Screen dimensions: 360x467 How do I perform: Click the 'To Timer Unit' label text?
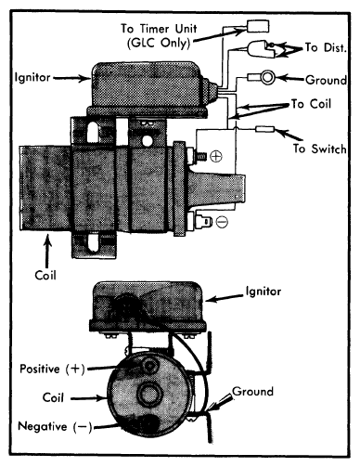point(159,29)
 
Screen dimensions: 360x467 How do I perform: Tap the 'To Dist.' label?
point(326,47)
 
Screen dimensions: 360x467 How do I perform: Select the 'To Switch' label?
point(320,149)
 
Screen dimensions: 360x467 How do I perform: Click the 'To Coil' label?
point(311,104)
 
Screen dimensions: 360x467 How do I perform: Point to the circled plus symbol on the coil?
point(216,156)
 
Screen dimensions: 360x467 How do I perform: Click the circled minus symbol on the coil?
point(222,222)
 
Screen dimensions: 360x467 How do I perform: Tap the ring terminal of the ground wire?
point(267,77)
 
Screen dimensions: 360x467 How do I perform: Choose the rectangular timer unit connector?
point(258,26)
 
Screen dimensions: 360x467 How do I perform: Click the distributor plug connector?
point(261,49)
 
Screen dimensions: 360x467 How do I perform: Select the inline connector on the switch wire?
point(264,129)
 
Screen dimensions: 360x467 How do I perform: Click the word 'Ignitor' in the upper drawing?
point(32,77)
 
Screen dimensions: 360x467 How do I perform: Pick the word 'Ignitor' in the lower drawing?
point(264,292)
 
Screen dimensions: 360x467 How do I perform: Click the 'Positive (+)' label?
point(52,369)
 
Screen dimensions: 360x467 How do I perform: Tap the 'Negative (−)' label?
point(55,426)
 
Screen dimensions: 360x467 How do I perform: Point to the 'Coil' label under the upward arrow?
point(45,275)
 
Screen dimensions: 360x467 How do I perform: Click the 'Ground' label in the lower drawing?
point(252,392)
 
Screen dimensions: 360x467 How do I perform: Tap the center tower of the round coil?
point(150,394)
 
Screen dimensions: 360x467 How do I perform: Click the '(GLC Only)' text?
point(159,43)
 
